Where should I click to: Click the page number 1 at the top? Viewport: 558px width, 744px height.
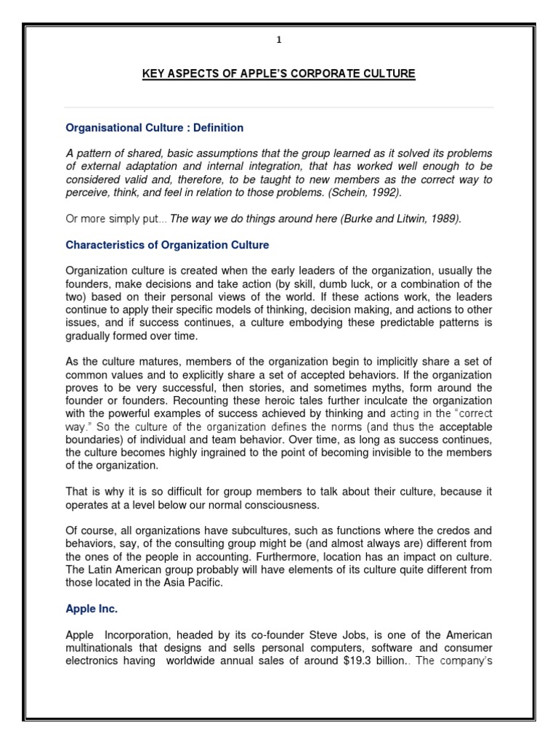[278, 41]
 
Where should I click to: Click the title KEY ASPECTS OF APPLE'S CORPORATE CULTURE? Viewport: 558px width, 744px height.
[279, 74]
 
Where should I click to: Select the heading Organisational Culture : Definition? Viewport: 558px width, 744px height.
[154, 128]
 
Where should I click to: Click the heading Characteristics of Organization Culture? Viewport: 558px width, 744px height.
[167, 245]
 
